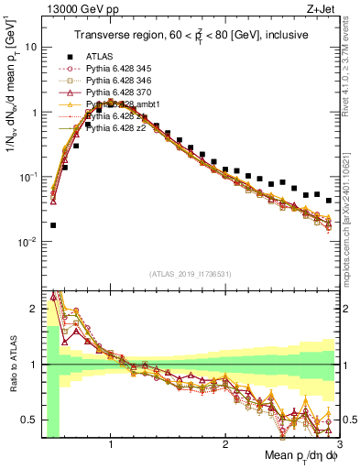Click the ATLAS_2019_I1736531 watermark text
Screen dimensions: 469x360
190,273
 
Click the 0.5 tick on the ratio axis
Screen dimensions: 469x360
31,420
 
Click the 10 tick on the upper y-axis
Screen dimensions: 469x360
29,45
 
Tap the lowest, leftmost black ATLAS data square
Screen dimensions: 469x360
53,225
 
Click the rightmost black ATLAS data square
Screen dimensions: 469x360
329,199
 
